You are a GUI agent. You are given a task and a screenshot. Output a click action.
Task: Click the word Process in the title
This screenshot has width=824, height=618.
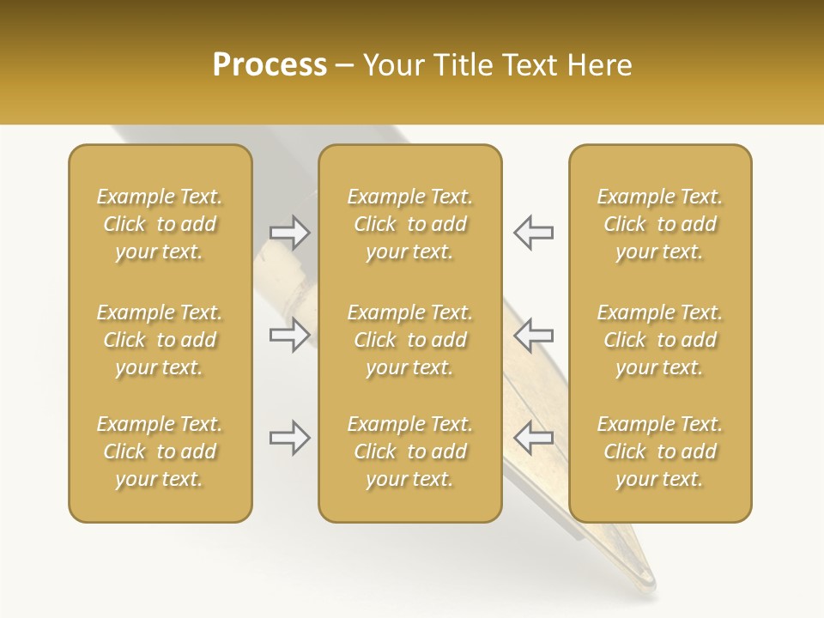coord(270,65)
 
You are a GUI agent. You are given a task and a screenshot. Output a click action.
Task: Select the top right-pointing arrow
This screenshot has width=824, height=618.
coord(290,232)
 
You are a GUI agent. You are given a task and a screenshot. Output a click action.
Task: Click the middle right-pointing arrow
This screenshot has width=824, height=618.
coord(290,335)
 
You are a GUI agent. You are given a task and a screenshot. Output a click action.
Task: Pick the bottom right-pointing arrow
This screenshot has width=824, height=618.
coord(290,438)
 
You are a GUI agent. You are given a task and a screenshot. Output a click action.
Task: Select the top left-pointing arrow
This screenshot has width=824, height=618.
coord(533,232)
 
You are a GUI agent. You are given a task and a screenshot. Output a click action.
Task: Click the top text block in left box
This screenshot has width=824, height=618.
coord(160,224)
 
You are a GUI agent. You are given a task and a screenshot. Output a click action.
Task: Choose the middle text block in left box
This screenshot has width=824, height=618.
coord(160,340)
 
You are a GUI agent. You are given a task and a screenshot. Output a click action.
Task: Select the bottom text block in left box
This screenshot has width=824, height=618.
coord(160,451)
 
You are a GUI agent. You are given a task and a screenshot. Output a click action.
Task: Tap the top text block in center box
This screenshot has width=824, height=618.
coord(410,224)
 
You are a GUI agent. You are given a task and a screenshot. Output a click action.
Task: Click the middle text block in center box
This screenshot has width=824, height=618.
coord(410,340)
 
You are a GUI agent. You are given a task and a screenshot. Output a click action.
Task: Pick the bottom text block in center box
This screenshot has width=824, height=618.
coord(410,451)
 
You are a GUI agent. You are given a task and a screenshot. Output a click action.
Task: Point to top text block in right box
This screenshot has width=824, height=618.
coord(660,224)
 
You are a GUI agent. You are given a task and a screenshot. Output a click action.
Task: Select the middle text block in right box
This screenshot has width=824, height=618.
coord(660,340)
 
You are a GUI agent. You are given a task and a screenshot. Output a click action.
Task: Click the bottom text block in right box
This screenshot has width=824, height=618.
coord(660,451)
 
